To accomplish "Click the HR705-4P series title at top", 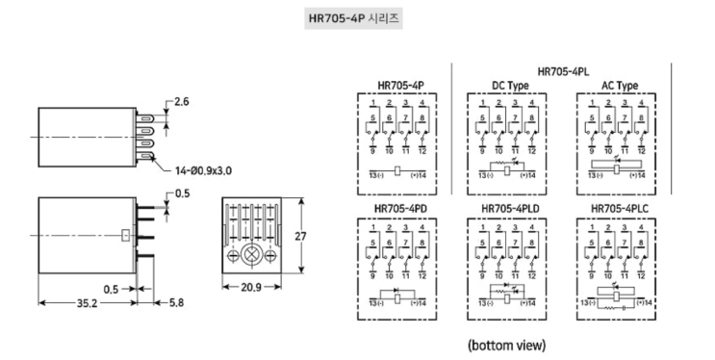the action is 353,18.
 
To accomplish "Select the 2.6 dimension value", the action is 181,101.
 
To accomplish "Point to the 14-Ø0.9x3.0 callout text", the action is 203,170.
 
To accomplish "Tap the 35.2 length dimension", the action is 87,303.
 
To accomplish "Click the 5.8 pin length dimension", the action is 176,302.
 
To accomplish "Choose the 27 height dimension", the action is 300,237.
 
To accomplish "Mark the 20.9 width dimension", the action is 251,287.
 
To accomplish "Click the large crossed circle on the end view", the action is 251,255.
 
